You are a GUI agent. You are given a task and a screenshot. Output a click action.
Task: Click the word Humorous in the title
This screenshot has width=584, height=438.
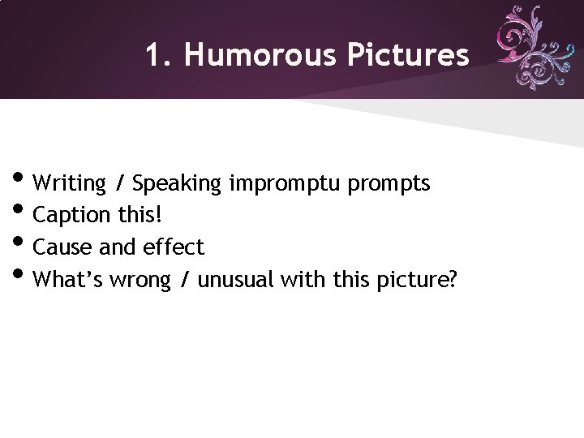(260, 55)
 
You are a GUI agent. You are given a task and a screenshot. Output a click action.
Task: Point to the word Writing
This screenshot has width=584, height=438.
(71, 183)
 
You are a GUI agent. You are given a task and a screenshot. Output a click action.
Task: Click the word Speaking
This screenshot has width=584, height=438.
(177, 184)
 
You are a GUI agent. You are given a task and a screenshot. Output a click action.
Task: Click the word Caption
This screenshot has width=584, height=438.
(72, 216)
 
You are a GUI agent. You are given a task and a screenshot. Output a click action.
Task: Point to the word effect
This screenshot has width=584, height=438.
(173, 247)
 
